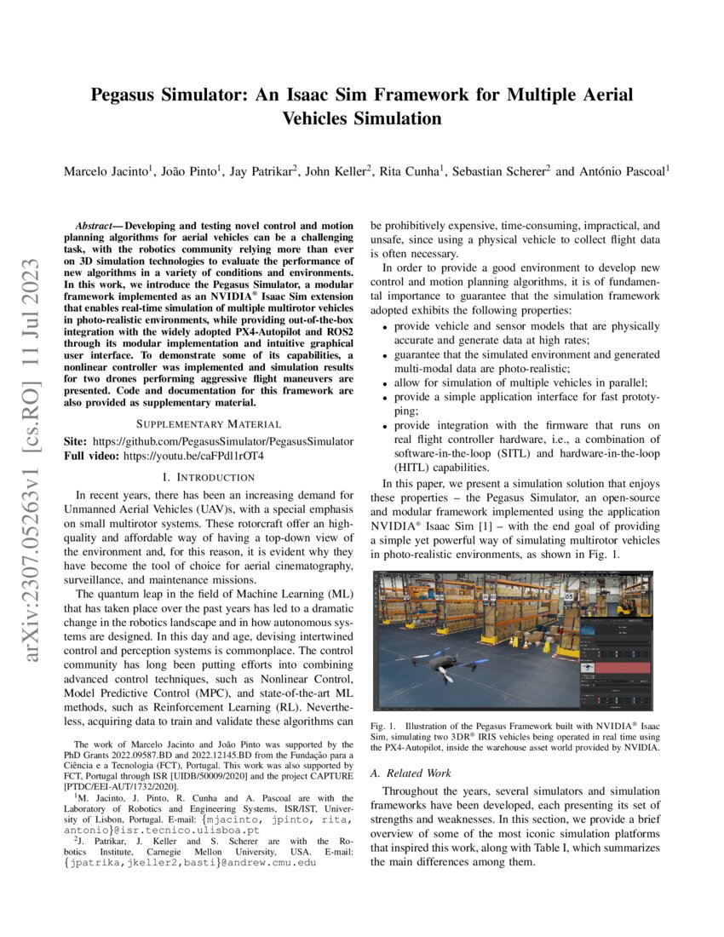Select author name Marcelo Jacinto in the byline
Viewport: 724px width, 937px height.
[x=106, y=171]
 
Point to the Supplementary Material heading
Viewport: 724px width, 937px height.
[x=209, y=423]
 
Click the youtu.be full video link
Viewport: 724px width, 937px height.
[x=193, y=457]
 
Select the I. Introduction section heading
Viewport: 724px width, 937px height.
[x=209, y=478]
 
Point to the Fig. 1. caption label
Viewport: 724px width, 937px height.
[x=384, y=725]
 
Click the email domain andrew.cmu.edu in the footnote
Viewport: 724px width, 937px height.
[x=274, y=862]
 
